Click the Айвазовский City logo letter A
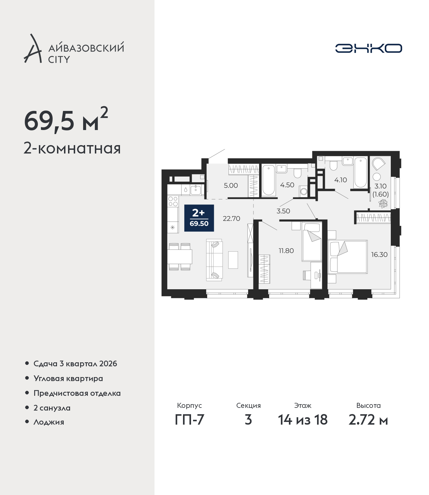(33, 49)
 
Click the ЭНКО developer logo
(368, 48)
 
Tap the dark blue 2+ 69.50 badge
(199, 218)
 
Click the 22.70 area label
(231, 219)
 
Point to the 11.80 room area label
(286, 251)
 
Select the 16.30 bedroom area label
(379, 255)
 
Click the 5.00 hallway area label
(231, 185)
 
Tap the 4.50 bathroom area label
(287, 185)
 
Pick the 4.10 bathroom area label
(341, 180)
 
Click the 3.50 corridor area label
(283, 211)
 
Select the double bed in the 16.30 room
(348, 257)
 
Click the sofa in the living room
(214, 260)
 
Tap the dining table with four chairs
(180, 257)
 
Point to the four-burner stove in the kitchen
(173, 201)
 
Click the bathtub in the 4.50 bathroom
(268, 180)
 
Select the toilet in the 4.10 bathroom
(333, 165)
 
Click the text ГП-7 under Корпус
(189, 420)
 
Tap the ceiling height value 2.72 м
(368, 420)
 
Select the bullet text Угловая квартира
(68, 379)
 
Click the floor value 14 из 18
(303, 420)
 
